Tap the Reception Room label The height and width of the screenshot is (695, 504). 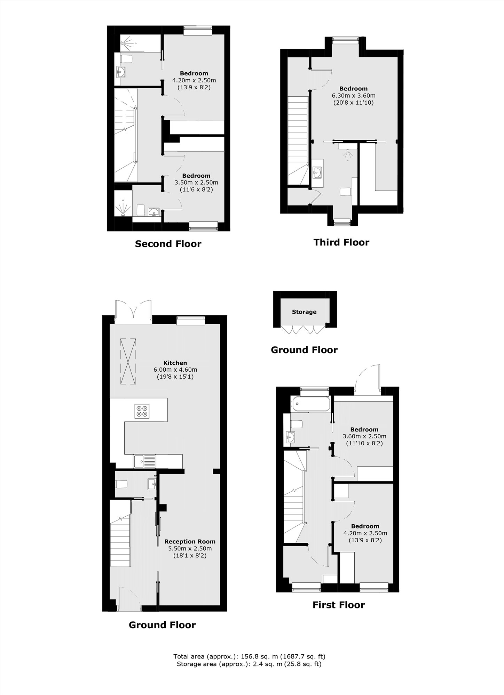coord(190,541)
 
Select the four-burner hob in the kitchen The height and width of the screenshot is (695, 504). coord(142,411)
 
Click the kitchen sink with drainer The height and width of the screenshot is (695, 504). coord(145,461)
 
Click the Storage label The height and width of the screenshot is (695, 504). coord(304,312)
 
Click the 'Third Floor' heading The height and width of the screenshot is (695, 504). coord(341,242)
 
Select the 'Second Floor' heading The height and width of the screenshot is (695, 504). coord(168,244)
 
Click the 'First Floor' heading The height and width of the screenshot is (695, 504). coord(339,605)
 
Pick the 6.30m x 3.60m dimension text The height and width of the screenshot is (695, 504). coord(354,96)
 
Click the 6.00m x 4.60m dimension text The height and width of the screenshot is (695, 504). coord(175,370)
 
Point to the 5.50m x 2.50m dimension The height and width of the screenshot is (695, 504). coord(190,549)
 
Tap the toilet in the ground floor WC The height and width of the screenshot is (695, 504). coord(121,484)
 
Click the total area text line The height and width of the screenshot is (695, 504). coord(249,657)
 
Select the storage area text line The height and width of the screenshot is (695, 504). coord(249,664)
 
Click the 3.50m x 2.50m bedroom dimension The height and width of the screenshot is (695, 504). coord(196,183)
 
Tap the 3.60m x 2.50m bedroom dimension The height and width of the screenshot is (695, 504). coord(364,436)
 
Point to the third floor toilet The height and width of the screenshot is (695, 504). coord(345,192)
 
